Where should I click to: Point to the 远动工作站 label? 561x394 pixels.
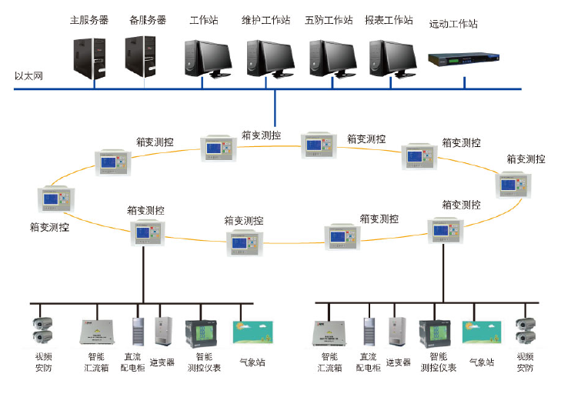pyautogui.click(x=453, y=24)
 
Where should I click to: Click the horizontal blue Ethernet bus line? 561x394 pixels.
pyautogui.click(x=154, y=88)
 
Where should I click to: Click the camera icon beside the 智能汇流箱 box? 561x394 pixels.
pyautogui.click(x=42, y=331)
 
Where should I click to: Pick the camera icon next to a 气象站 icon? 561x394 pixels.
pyautogui.click(x=525, y=331)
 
